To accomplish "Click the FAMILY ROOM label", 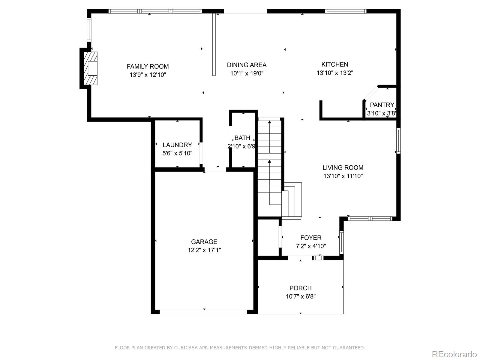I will [148, 67].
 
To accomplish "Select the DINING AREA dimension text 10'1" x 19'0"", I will [247, 73].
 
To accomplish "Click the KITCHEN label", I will [334, 64].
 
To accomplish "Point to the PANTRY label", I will [382, 105].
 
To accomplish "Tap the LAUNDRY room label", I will [177, 145].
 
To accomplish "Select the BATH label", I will [242, 138].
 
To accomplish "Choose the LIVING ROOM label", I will [343, 168].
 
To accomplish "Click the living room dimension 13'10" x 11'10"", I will [343, 176].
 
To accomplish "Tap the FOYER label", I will [311, 238].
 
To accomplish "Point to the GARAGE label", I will [204, 242].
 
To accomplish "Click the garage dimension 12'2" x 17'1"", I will [204, 250].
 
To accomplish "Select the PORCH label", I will [300, 288].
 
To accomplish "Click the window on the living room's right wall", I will [398, 141].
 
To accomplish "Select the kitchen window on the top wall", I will [346, 11].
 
